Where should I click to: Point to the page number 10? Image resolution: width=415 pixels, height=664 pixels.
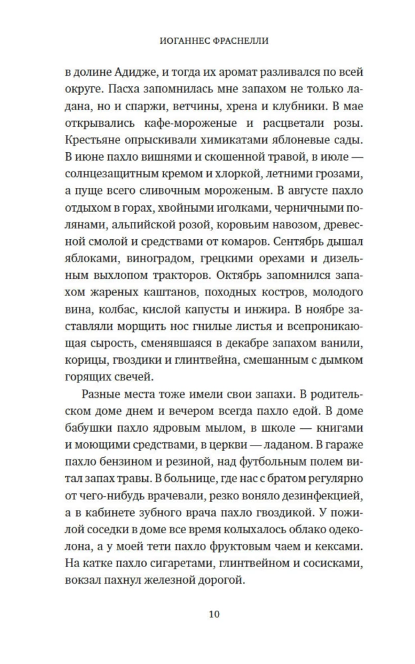click(207, 613)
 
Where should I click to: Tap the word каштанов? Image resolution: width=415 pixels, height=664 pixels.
click(164, 290)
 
